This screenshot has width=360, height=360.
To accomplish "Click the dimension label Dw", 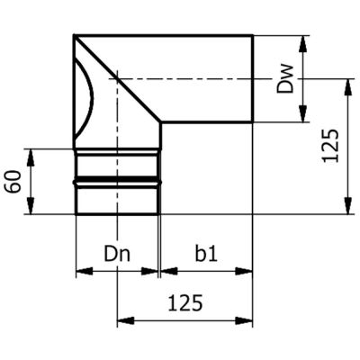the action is (x=284, y=79).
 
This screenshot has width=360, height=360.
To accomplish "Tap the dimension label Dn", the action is (x=117, y=255).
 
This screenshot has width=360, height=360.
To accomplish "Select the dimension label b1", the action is (x=206, y=255).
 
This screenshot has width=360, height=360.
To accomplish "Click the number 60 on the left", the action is (x=14, y=182).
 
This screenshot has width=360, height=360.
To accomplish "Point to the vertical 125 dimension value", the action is (x=331, y=146).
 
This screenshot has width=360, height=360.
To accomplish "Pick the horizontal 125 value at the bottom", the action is (x=185, y=303).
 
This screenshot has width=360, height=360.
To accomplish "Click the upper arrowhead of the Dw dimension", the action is (x=303, y=44).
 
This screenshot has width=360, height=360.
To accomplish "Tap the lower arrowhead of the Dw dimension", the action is (x=303, y=113).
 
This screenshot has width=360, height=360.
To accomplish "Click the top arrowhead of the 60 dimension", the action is (x=31, y=157).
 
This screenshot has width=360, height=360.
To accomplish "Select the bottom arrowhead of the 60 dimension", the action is (x=31, y=205).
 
